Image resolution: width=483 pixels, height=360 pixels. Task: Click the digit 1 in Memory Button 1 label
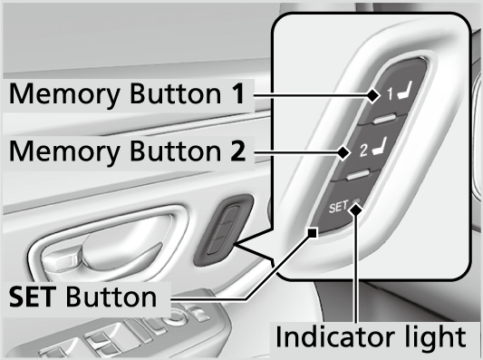pos(237,93)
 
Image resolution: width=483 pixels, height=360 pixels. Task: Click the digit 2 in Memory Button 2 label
pos(238,151)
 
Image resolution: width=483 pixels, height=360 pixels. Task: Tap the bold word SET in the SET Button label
pos(33,297)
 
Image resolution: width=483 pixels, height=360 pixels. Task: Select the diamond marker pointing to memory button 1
pos(373,95)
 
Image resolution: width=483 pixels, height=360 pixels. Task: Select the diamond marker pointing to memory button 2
pos(343,152)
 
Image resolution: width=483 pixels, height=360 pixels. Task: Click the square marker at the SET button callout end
pos(313,233)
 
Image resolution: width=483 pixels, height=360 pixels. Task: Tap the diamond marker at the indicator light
pos(356,210)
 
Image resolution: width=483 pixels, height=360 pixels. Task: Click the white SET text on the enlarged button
pos(338,207)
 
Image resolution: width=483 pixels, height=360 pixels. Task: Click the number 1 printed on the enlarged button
pos(390,94)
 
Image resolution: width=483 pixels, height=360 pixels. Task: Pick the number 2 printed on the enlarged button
pos(363,151)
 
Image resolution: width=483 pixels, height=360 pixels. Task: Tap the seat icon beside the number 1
pos(404,91)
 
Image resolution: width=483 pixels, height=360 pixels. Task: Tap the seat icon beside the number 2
pos(380,147)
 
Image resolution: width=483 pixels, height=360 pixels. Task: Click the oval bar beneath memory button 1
pos(384,119)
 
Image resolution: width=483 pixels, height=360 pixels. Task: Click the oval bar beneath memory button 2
pos(358,175)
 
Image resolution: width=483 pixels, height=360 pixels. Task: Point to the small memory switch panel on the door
pos(223,230)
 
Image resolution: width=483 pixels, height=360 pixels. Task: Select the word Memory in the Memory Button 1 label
pos(64,94)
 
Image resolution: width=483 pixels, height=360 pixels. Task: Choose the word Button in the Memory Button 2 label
pos(176,151)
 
